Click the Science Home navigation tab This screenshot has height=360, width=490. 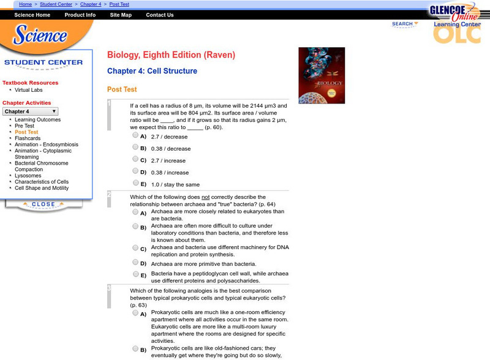coord(32,15)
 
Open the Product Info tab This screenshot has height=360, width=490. coord(80,15)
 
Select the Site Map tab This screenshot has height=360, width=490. coord(121,15)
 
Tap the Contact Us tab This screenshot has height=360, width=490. coord(160,15)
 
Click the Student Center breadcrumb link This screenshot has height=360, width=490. coord(56,4)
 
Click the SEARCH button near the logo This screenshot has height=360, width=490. coord(404,24)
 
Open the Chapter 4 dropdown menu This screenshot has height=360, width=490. coord(31,111)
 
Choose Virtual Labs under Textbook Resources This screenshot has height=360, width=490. coord(29,90)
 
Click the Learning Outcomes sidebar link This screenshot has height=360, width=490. coord(37,119)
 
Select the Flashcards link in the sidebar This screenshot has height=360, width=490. coord(28,138)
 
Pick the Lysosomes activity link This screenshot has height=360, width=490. coord(28,176)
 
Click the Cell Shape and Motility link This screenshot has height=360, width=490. coord(42,188)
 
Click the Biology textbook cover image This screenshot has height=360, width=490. coord(322,75)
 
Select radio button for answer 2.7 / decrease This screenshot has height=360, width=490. coord(135,135)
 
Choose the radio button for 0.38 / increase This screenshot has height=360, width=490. coord(135,171)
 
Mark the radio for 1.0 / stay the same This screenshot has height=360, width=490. coord(135,183)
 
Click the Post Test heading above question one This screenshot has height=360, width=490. coord(122,89)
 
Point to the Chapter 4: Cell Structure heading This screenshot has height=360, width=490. coord(152,71)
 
